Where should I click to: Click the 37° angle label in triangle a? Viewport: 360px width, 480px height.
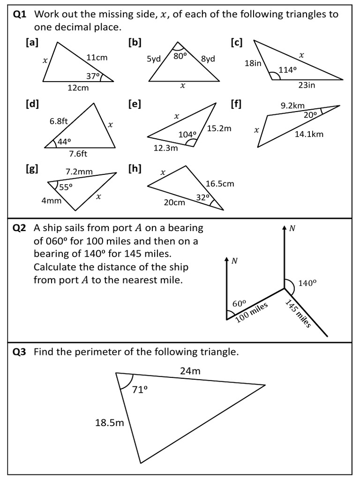tap(93, 76)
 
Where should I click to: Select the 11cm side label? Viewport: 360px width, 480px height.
tap(97, 58)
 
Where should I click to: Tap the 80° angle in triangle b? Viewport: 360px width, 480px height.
tap(180, 55)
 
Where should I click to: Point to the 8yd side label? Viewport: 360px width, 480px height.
tap(208, 59)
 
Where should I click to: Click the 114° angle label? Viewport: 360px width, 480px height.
tap(288, 70)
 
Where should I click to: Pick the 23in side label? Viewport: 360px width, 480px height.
tap(307, 85)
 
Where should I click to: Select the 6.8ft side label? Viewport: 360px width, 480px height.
tap(59, 121)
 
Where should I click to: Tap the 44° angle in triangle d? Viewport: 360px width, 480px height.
tap(63, 142)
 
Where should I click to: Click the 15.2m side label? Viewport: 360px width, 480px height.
tap(219, 128)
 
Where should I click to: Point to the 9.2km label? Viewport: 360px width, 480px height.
tap(293, 106)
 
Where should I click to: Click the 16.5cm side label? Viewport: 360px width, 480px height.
tap(219, 184)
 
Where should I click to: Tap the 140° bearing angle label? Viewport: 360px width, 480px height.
tap(307, 283)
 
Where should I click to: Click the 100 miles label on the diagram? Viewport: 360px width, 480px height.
tap(252, 312)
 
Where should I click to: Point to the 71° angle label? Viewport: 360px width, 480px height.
tap(140, 389)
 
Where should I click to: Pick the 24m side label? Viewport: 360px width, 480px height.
tap(190, 371)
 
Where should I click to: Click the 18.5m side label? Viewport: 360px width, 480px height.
tap(110, 423)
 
